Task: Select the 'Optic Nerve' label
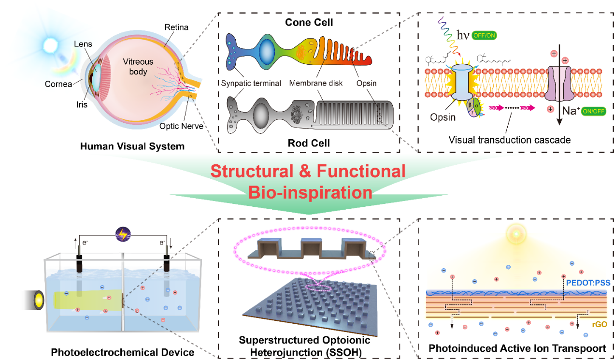click(182, 127)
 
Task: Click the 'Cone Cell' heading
click(309, 23)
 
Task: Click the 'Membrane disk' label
click(316, 83)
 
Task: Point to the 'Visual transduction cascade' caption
click(510, 140)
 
